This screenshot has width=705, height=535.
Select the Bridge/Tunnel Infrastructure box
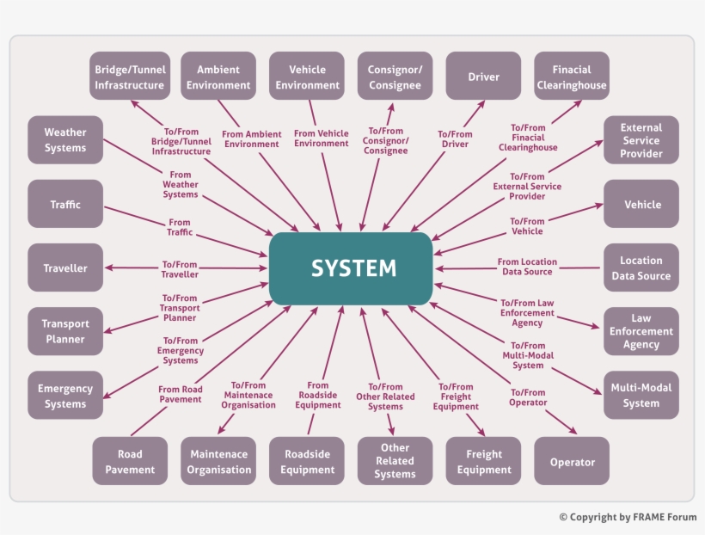[x=129, y=77]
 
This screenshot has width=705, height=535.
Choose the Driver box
[x=483, y=77]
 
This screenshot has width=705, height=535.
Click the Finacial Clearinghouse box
[x=572, y=77]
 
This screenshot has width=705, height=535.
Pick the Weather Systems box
[x=65, y=140]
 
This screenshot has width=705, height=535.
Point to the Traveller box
[x=65, y=268]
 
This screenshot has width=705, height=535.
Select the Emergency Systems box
[x=65, y=396]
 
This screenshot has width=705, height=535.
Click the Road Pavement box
[x=130, y=461]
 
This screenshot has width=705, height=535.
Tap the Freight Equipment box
[x=483, y=461]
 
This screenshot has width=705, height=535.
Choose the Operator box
[x=572, y=461]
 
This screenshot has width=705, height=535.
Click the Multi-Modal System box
[x=641, y=395]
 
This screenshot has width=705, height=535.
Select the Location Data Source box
[x=641, y=267]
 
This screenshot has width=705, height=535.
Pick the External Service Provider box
[x=641, y=140]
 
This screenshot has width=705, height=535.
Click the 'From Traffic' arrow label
[x=180, y=228]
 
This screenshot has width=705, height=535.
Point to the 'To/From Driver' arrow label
[x=455, y=139]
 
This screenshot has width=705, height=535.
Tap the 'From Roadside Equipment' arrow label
[x=317, y=396]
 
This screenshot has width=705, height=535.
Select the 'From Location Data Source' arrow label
[x=527, y=267]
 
